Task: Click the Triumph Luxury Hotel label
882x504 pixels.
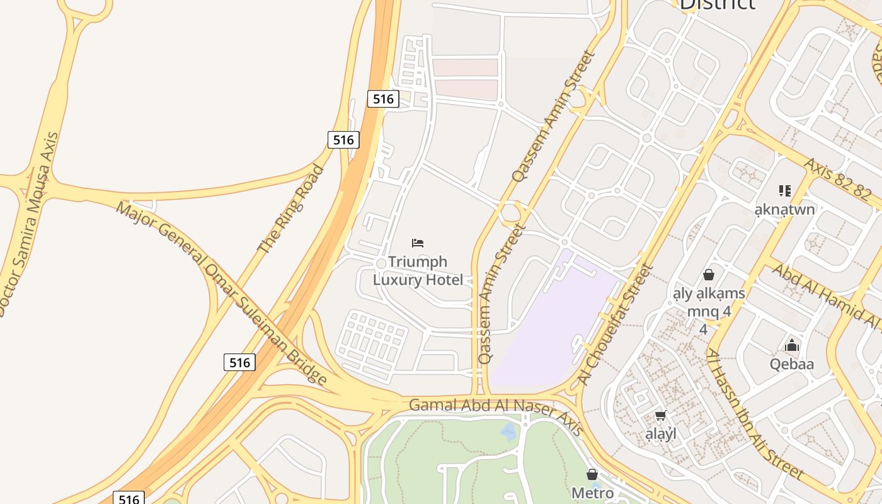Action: (418, 271)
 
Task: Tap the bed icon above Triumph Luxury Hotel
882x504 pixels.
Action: (418, 243)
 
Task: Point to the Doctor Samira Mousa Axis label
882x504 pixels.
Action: (30, 224)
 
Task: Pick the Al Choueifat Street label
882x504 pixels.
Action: (616, 324)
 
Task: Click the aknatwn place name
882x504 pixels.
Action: (785, 209)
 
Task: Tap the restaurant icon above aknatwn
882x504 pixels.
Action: (784, 190)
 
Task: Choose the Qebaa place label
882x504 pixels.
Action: (792, 364)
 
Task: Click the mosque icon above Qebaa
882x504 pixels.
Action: (792, 345)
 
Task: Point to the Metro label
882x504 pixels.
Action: (592, 493)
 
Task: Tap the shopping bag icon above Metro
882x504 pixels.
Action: (592, 474)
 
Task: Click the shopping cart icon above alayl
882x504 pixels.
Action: (661, 415)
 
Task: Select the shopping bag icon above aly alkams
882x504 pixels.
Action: (709, 275)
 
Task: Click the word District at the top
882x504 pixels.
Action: (717, 4)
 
